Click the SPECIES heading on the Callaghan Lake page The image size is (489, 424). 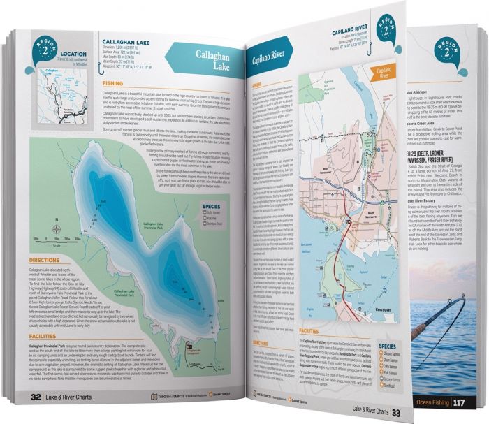point(212,207)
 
